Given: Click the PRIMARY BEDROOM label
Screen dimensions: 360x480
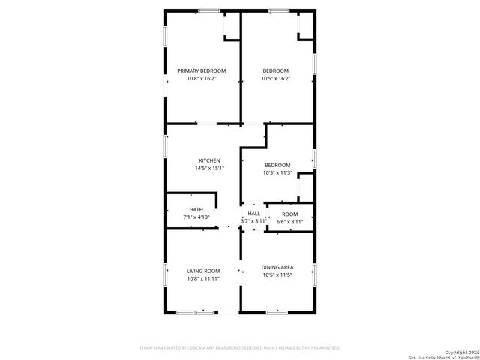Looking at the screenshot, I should pyautogui.click(x=201, y=70).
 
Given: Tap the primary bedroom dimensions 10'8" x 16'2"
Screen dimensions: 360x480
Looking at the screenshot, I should pyautogui.click(x=201, y=78).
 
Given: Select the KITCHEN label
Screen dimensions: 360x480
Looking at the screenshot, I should pyautogui.click(x=209, y=161).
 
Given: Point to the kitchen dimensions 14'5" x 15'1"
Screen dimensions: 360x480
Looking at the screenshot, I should pyautogui.click(x=209, y=169).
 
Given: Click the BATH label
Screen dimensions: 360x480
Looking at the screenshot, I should pyautogui.click(x=196, y=210).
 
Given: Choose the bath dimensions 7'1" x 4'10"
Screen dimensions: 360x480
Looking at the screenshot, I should pyautogui.click(x=196, y=217).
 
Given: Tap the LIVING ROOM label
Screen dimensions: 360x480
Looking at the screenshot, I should pyautogui.click(x=202, y=270).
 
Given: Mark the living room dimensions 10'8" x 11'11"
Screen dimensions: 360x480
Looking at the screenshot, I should pyautogui.click(x=202, y=278).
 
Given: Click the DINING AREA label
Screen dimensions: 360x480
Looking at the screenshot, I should pyautogui.click(x=277, y=267).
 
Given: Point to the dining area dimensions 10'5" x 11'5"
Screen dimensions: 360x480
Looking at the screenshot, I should pyautogui.click(x=277, y=275).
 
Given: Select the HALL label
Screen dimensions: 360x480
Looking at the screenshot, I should pyautogui.click(x=254, y=214).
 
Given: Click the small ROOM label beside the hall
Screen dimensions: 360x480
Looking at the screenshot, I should pyautogui.click(x=289, y=214).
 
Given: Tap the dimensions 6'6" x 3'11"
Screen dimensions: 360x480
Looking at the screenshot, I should pyautogui.click(x=289, y=222).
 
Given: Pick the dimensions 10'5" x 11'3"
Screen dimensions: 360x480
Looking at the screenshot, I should pyautogui.click(x=277, y=173).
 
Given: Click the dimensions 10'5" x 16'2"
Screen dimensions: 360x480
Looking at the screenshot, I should pyautogui.click(x=276, y=78).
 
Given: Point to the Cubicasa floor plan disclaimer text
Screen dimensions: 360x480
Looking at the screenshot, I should pyautogui.click(x=240, y=348).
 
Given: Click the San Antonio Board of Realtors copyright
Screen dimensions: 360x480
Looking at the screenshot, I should pyautogui.click(x=443, y=355).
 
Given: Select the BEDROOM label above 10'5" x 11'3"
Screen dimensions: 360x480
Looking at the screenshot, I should pyautogui.click(x=277, y=165).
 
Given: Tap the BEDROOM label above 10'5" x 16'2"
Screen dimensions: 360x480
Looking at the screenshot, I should pyautogui.click(x=276, y=70).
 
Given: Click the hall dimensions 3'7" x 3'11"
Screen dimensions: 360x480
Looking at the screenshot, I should pyautogui.click(x=254, y=221).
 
